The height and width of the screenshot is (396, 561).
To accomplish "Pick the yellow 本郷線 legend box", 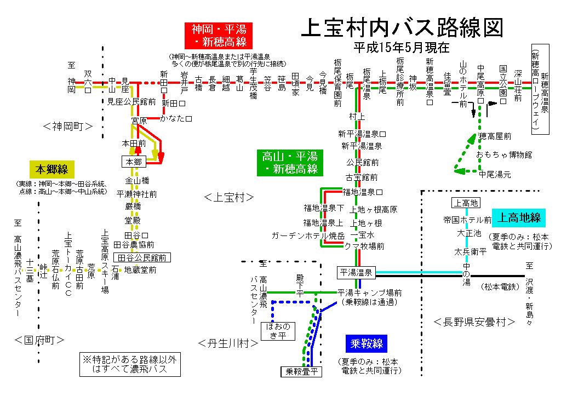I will click(52, 168).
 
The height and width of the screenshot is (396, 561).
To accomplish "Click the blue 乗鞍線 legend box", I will click(367, 344).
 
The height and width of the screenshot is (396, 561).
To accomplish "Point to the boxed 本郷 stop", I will click(134, 162).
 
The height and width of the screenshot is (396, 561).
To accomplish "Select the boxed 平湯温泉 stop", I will click(356, 272).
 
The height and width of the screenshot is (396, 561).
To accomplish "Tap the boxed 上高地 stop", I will click(465, 203).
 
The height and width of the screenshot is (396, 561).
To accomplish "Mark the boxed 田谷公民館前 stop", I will click(141, 257).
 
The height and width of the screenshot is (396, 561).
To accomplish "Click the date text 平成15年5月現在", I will click(401, 48).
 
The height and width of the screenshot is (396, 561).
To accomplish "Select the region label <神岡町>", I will click(67, 127).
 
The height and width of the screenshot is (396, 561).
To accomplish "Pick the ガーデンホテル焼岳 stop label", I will click(308, 236).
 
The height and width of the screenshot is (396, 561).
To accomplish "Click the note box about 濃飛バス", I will click(130, 364).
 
